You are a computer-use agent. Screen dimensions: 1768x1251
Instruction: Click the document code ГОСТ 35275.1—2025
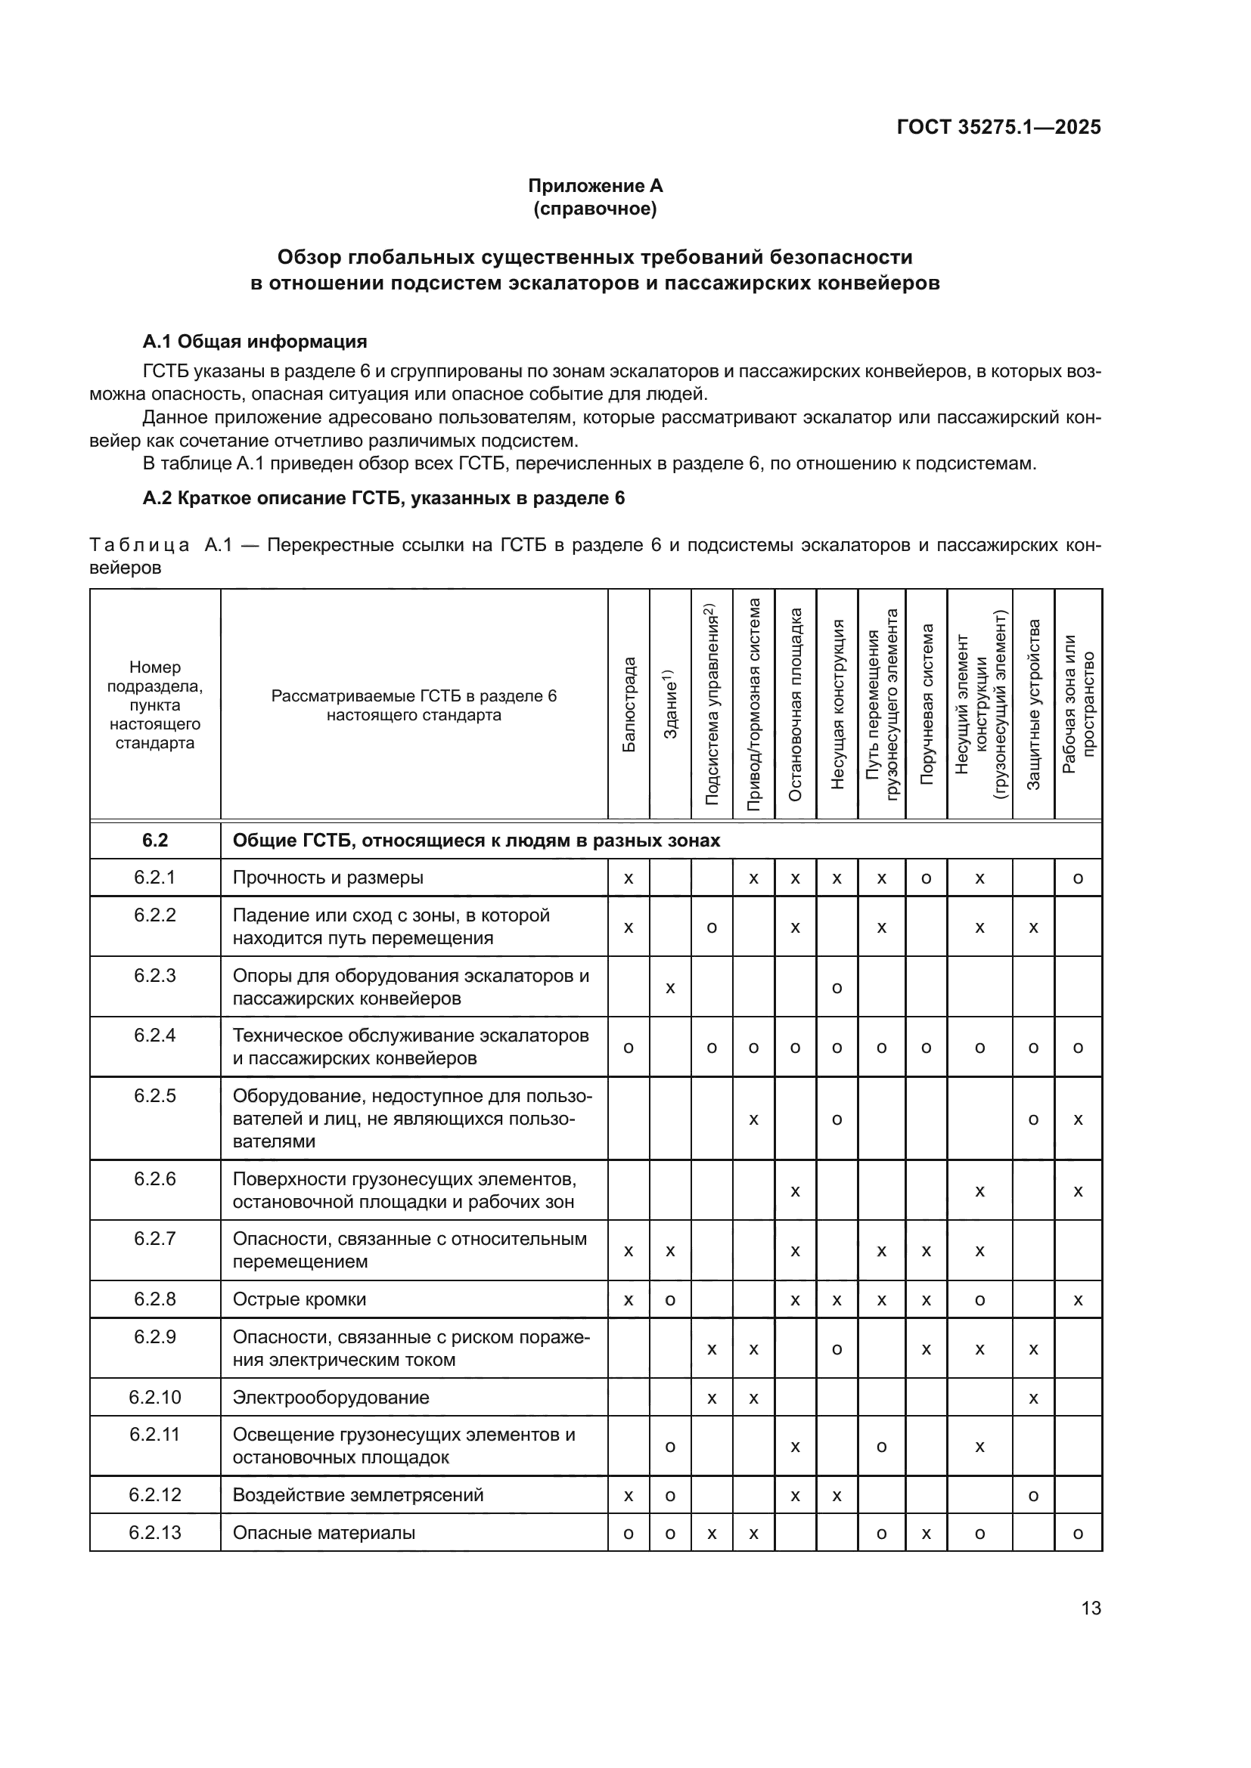998,127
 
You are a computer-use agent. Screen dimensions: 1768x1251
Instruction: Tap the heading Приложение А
594,186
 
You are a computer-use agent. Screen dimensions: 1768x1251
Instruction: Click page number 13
1091,1608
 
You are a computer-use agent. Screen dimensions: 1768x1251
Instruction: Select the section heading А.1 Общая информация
254,341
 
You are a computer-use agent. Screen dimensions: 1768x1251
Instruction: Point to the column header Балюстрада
629,704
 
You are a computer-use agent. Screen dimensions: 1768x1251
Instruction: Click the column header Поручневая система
926,704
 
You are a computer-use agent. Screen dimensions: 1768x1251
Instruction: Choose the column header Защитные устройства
1033,704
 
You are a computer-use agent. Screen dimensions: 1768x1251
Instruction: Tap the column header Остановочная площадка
795,704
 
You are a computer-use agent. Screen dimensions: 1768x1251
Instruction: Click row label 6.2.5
155,1096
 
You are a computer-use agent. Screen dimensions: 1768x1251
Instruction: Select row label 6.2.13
155,1532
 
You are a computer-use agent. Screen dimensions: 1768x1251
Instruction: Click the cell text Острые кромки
299,1300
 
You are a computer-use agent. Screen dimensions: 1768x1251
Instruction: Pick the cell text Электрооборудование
331,1398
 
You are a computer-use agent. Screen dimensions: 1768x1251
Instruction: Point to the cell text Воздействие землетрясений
358,1494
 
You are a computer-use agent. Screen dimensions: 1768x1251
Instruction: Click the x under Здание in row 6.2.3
670,987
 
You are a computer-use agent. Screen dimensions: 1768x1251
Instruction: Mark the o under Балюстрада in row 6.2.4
629,1047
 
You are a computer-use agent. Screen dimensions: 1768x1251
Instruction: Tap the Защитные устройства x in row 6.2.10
1033,1398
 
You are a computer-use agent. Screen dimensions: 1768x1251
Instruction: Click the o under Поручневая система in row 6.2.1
926,878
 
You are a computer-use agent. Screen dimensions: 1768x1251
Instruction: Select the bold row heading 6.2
155,840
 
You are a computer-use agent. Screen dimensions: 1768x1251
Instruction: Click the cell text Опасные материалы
324,1532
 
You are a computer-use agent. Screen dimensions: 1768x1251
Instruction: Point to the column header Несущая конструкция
837,704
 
